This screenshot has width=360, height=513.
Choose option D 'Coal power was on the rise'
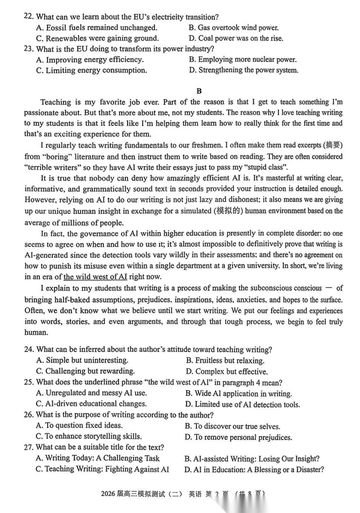point(236,39)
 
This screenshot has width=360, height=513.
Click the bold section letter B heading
point(199,91)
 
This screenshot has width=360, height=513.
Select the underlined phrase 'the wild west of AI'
point(95,277)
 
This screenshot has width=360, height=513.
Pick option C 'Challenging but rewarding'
point(85,371)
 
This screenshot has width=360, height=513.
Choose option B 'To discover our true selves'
point(232,427)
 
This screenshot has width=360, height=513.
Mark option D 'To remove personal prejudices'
point(239,437)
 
